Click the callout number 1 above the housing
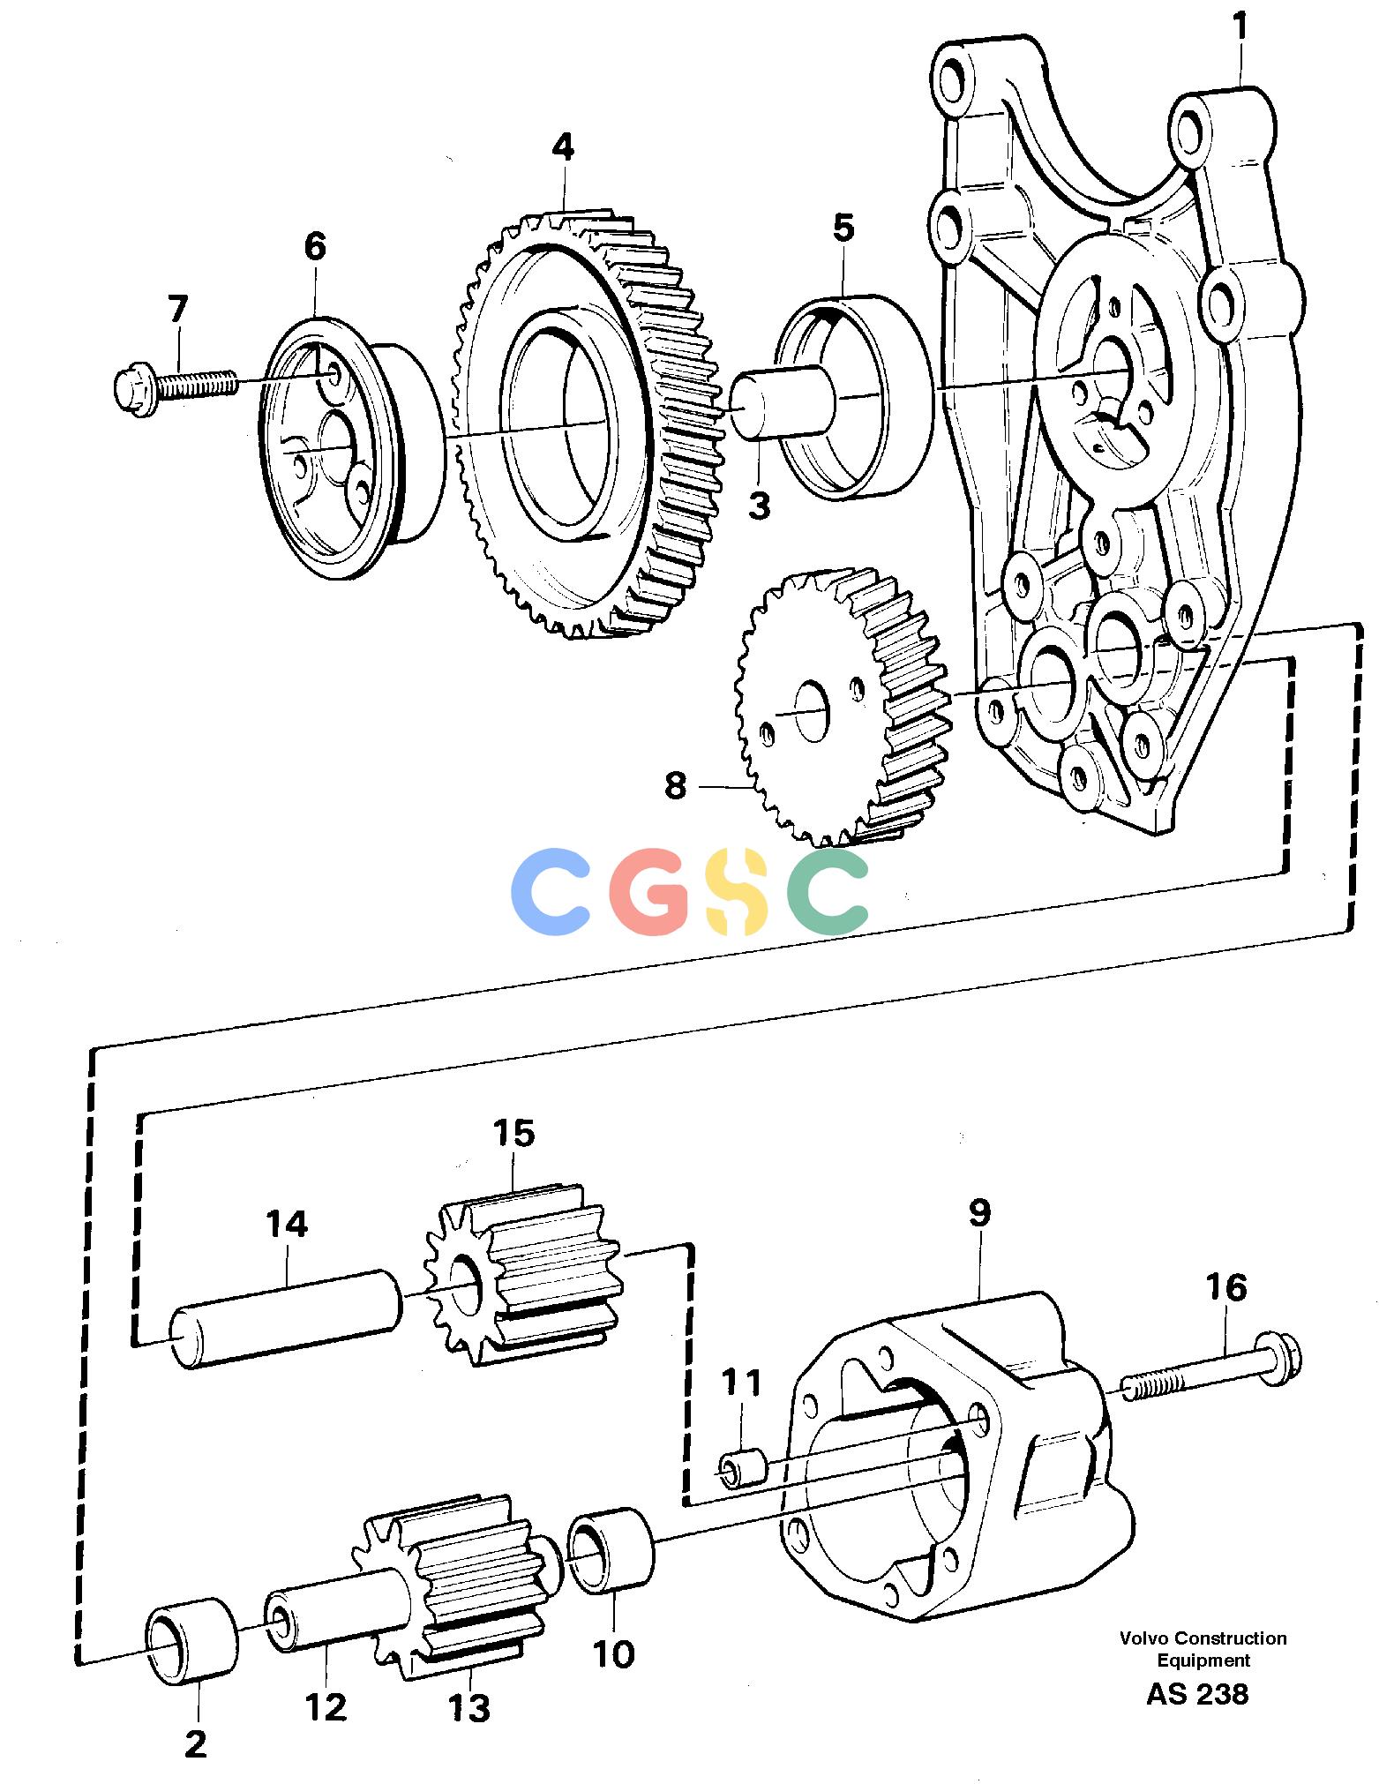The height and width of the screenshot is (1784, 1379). coord(1240,27)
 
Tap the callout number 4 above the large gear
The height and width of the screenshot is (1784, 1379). coord(563,147)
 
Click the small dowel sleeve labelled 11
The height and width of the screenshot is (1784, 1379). coord(743,1469)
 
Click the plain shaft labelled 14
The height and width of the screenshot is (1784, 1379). coord(286,1318)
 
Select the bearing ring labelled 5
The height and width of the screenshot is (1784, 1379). coord(854,396)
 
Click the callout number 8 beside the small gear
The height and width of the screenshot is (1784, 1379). coord(675,784)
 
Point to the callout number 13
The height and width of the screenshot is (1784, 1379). coord(468,1709)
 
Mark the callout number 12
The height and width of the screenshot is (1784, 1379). coord(326,1708)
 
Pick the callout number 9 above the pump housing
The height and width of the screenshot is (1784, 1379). coord(979,1212)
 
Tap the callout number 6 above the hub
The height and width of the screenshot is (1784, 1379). coord(314,246)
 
